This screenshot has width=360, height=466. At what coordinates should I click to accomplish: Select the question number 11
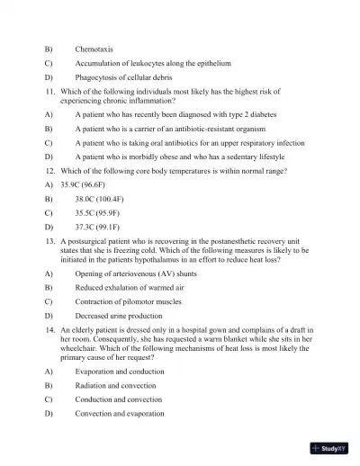(51, 91)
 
